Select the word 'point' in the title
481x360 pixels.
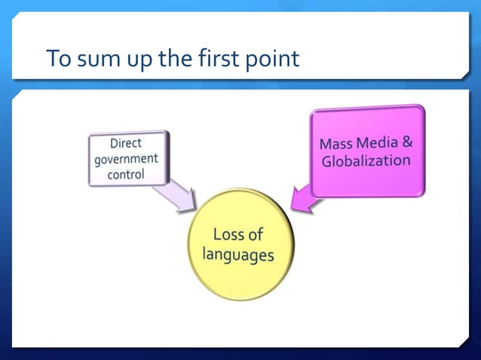pos(273,59)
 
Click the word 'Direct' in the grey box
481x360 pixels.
pos(125,143)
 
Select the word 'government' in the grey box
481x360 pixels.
pos(126,159)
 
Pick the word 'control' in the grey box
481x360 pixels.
pos(125,175)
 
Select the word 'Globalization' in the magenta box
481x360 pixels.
pos(366,160)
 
